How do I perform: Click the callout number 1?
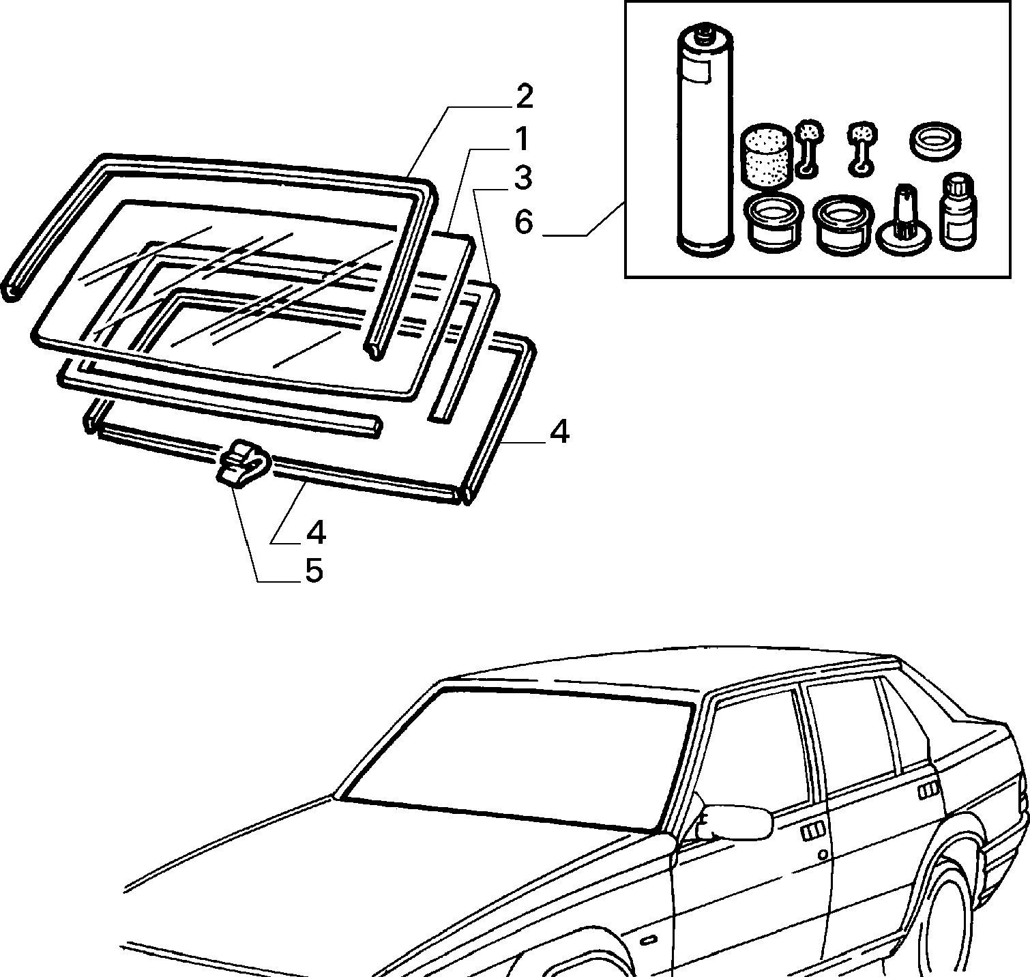(x=521, y=140)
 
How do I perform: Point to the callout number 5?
(x=314, y=571)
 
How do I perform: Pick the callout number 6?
(x=523, y=222)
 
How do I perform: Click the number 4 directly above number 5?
(x=316, y=533)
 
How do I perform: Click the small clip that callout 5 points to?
(x=243, y=463)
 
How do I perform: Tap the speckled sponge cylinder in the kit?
(x=767, y=156)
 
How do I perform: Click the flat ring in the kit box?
(x=936, y=142)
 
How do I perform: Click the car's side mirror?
(x=735, y=821)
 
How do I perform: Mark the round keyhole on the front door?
(x=823, y=854)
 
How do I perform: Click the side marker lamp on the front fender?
(x=647, y=941)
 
